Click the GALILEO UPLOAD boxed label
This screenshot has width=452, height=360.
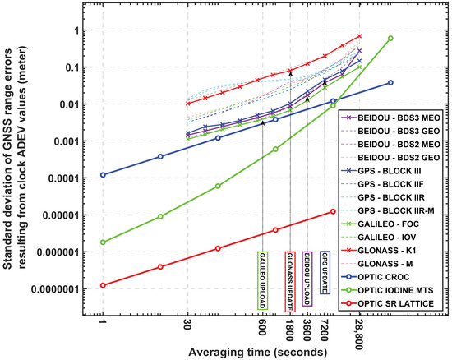point(262,280)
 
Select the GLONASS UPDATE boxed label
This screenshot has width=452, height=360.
point(289,280)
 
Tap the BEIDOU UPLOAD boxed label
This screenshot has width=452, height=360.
point(307,280)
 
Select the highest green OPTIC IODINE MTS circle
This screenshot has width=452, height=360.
point(390,39)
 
